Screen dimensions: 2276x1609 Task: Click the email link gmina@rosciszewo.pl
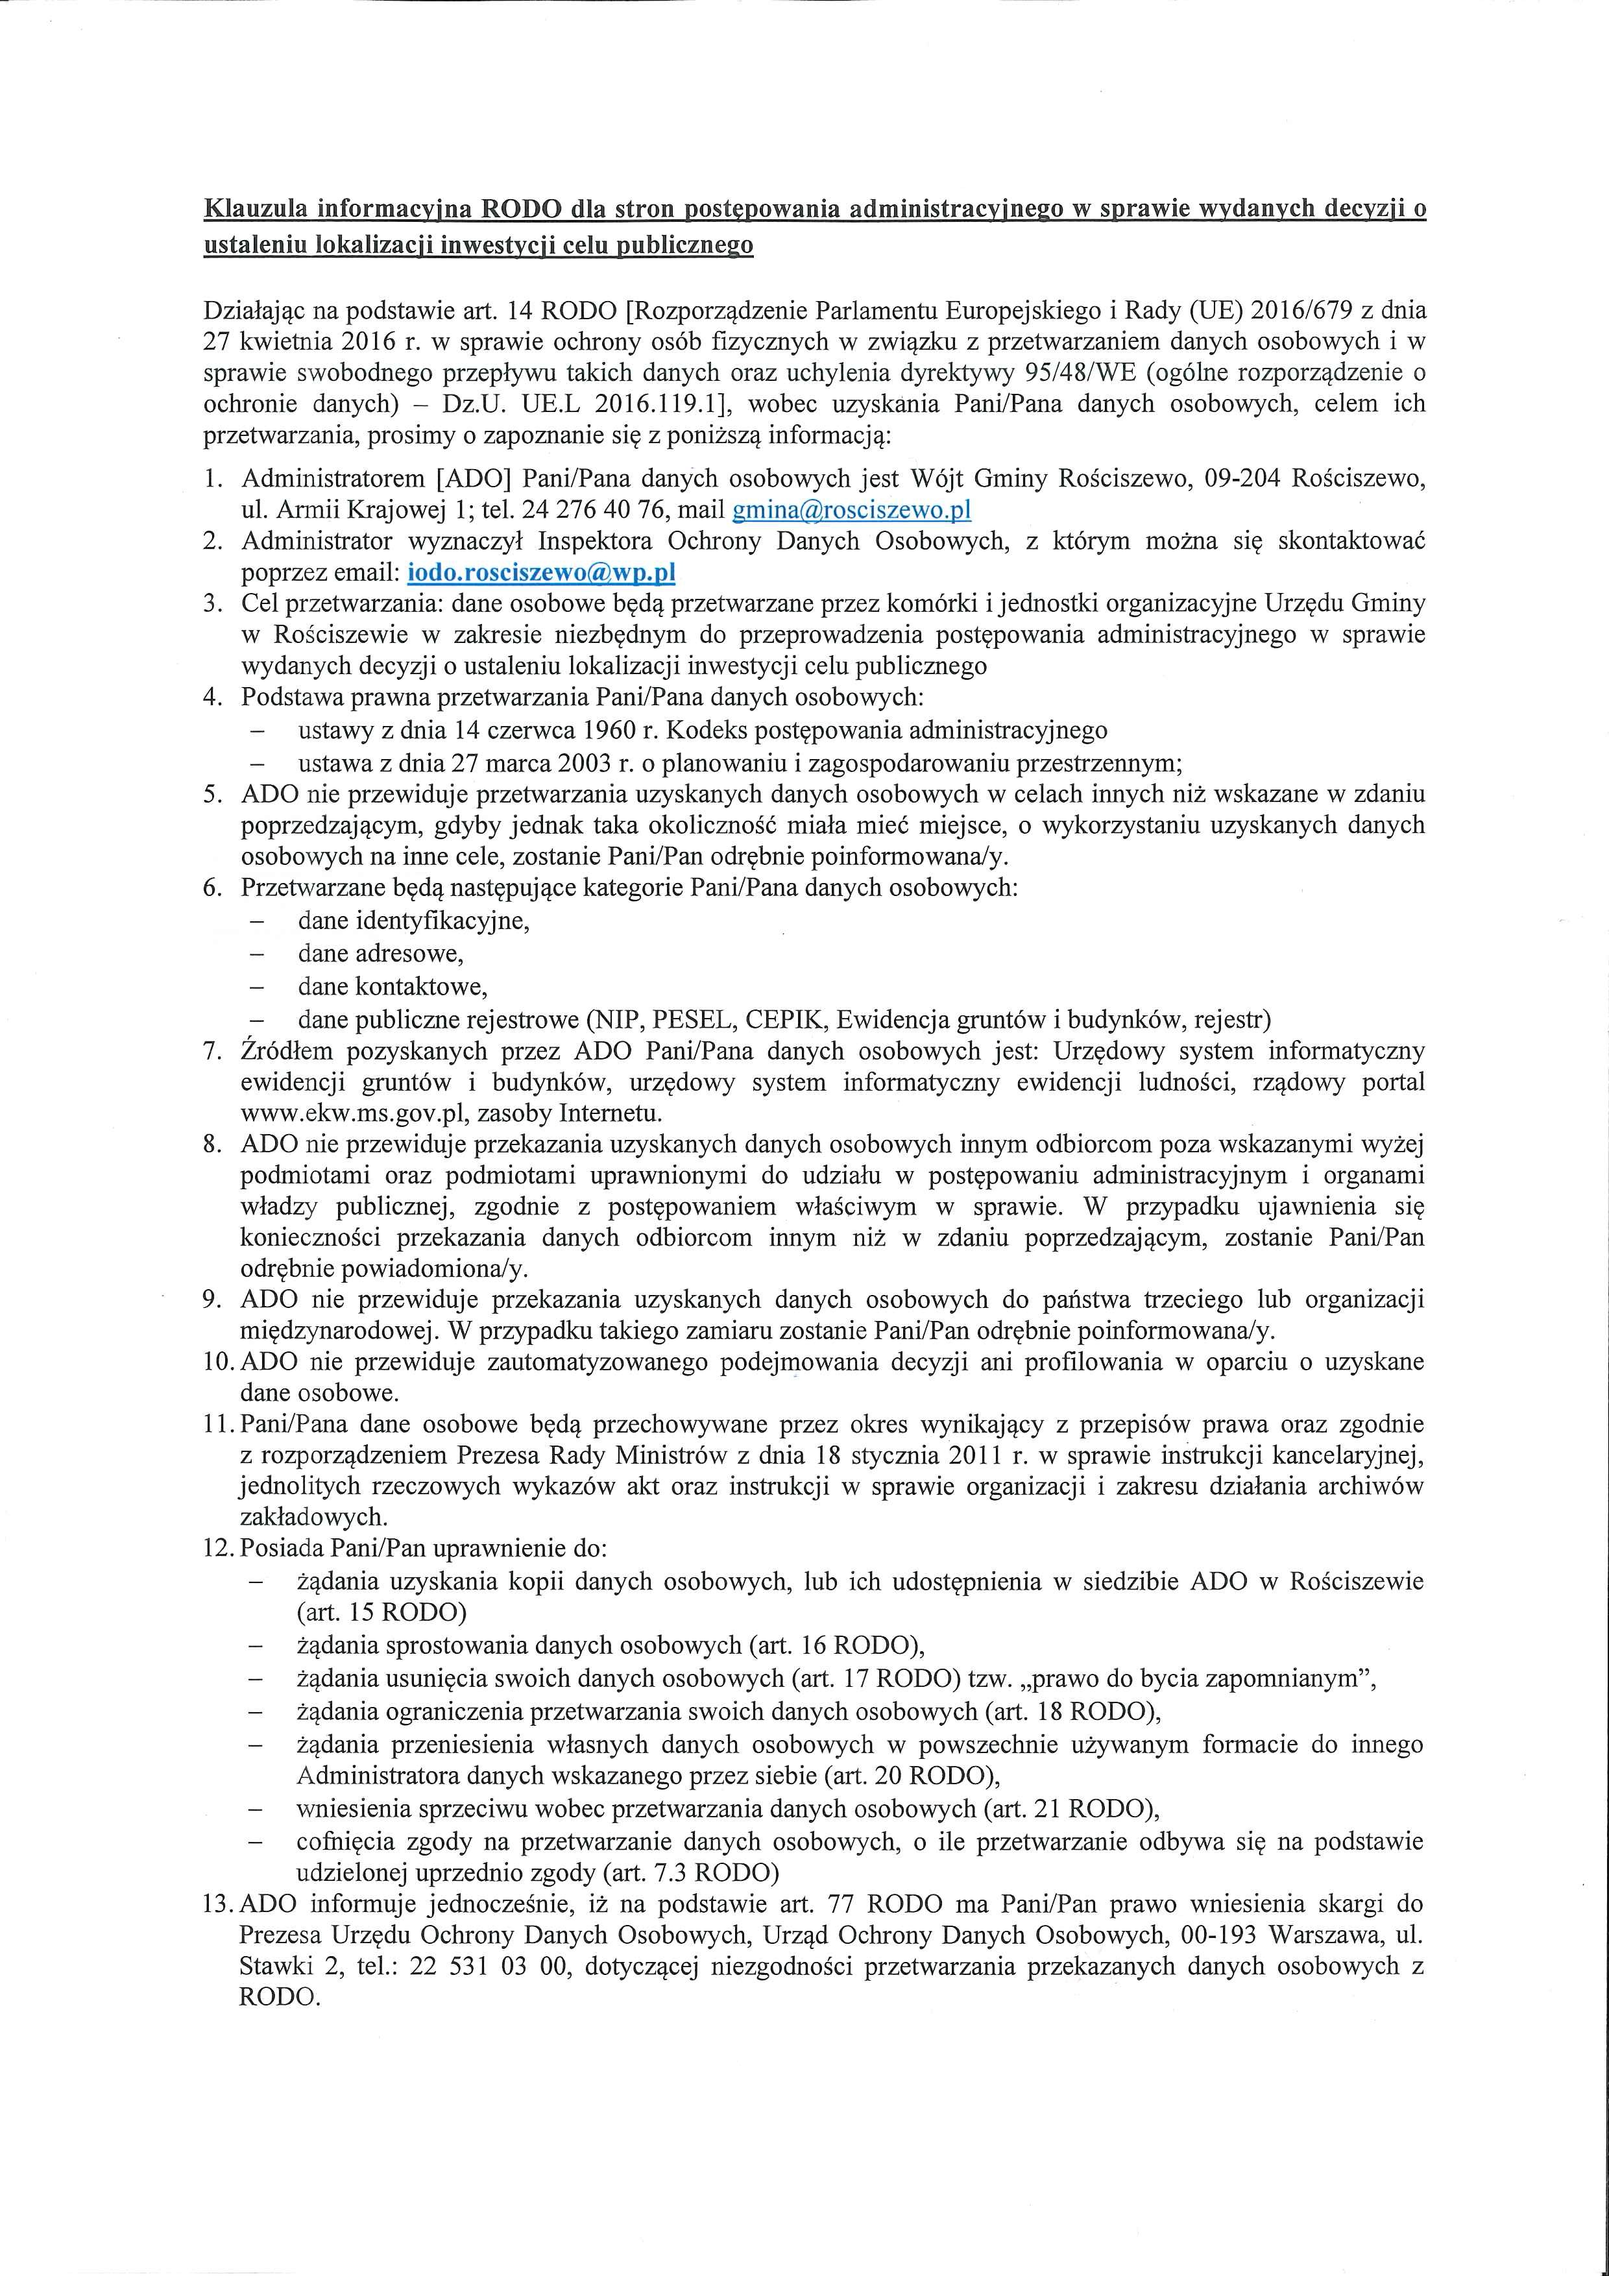click(851, 511)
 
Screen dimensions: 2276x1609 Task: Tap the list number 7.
click(212, 1051)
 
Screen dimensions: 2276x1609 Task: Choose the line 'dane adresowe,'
click(381, 954)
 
